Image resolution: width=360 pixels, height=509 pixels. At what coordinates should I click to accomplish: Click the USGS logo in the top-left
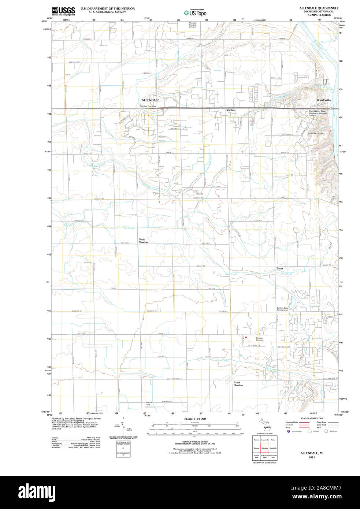click(63, 11)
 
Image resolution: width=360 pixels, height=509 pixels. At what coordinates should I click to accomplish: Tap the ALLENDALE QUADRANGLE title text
click(319, 8)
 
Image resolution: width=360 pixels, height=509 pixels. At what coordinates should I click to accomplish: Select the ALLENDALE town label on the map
click(150, 100)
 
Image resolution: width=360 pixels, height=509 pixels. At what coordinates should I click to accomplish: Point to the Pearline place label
click(230, 110)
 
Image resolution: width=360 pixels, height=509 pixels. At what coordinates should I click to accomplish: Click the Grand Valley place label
click(324, 100)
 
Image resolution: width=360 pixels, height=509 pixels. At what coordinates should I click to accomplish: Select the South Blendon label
click(238, 384)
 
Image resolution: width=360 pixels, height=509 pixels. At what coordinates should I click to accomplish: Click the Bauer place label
click(280, 268)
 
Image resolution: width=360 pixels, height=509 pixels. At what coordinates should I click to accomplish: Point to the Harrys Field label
click(148, 404)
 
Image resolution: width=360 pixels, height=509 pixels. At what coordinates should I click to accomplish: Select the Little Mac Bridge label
click(316, 133)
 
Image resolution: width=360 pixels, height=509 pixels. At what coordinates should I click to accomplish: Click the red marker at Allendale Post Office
click(162, 109)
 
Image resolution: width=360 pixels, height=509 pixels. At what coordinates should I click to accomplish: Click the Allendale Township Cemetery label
click(193, 25)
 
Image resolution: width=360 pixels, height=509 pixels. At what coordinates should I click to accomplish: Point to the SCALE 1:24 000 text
click(195, 419)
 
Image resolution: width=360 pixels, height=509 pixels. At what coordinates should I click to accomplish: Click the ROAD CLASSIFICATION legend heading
click(311, 418)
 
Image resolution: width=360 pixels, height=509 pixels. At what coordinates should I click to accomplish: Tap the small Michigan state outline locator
click(266, 424)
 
